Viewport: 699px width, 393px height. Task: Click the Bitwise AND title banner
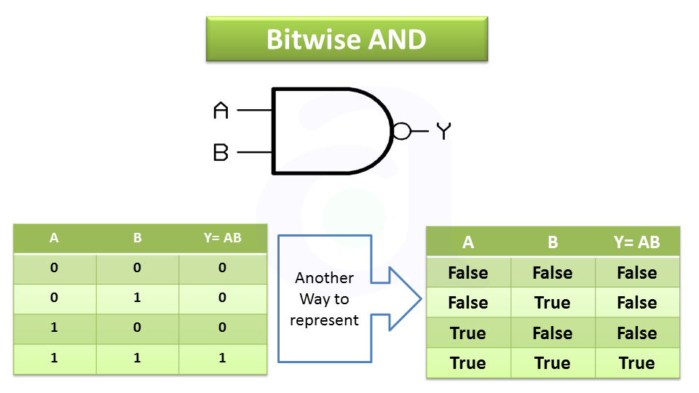pyautogui.click(x=347, y=39)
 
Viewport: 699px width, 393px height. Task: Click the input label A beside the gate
pyautogui.click(x=221, y=111)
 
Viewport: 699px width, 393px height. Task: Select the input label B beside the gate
pyautogui.click(x=221, y=153)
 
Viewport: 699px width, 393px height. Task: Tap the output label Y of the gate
pyautogui.click(x=443, y=131)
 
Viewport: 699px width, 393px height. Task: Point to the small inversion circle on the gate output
pyautogui.click(x=400, y=131)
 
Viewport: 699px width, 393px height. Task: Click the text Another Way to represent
pyautogui.click(x=324, y=299)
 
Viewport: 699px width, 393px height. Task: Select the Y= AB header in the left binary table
pyautogui.click(x=222, y=238)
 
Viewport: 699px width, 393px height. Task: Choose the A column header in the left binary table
pyautogui.click(x=54, y=238)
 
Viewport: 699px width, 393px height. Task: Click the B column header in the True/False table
pyautogui.click(x=552, y=242)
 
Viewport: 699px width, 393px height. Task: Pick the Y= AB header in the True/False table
pyautogui.click(x=636, y=242)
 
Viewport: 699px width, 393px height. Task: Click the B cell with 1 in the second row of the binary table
pyautogui.click(x=138, y=298)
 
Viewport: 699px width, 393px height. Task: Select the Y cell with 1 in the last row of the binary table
pyautogui.click(x=222, y=357)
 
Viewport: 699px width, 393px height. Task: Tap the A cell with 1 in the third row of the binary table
pyautogui.click(x=54, y=327)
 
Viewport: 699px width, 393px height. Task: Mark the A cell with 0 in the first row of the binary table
pyautogui.click(x=54, y=268)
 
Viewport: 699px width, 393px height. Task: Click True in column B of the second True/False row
pyautogui.click(x=552, y=303)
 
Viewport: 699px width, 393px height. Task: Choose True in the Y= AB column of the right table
pyautogui.click(x=636, y=363)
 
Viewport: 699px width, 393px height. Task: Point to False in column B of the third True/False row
pyautogui.click(x=552, y=333)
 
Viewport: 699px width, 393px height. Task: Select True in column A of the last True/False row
pyautogui.click(x=467, y=363)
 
